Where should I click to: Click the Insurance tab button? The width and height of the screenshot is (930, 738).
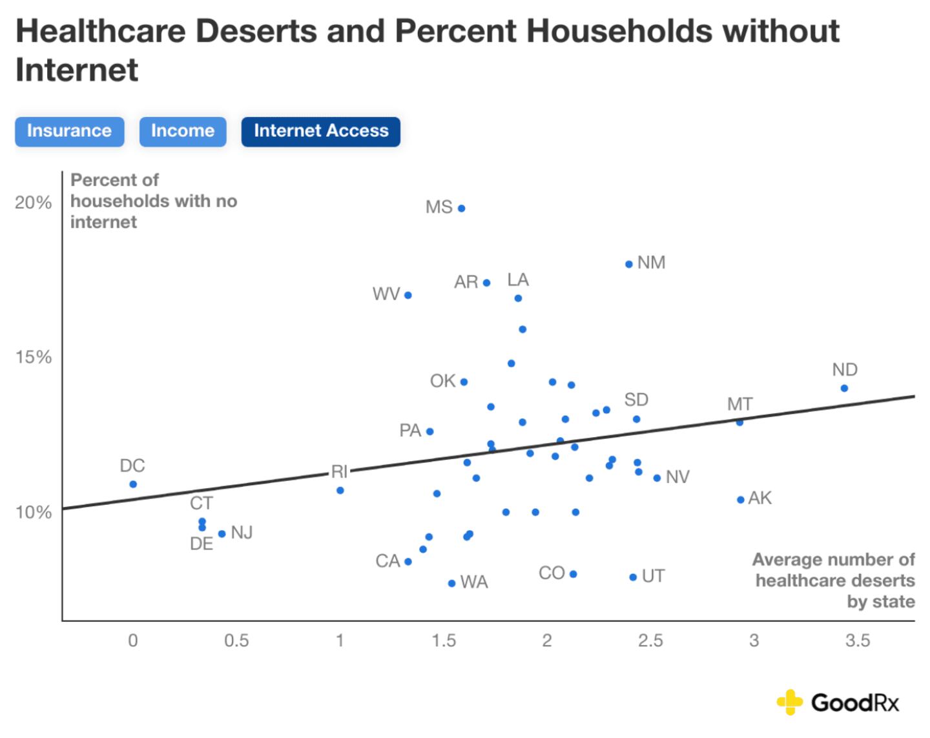pos(69,131)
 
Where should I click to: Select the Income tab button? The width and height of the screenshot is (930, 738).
pos(183,131)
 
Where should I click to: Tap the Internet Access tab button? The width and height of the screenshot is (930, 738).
pos(321,131)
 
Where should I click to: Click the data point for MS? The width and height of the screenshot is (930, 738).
pos(461,209)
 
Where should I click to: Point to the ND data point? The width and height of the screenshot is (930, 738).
pos(844,388)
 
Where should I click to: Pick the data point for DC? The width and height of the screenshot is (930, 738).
pos(133,484)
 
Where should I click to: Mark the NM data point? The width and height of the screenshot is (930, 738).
pos(629,264)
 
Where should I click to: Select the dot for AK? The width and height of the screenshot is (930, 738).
pos(741,500)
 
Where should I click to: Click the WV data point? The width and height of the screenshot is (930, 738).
pos(408,295)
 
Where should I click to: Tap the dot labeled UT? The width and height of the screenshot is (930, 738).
pos(633,577)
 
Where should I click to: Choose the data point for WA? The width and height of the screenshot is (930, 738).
pos(451,584)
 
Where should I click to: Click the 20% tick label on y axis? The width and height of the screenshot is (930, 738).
pos(34,203)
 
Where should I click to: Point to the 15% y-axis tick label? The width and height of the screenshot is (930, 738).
pos(34,357)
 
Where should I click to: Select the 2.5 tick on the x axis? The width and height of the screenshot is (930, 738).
pos(650,641)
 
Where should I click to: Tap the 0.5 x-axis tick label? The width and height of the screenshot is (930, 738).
pos(236,641)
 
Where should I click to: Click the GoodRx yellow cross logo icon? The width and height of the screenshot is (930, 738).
pos(789,702)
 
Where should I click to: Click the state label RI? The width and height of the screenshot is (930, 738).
pos(340,471)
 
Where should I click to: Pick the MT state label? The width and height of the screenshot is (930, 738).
pos(739,404)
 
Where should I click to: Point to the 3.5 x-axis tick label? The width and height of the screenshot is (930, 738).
pos(858,641)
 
